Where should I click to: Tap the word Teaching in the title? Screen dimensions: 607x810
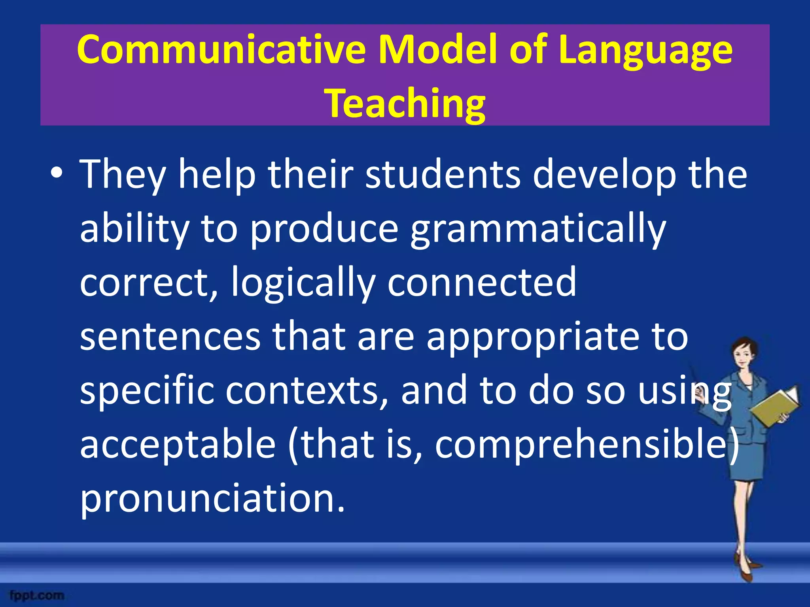point(405,104)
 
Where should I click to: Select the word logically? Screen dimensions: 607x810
point(303,283)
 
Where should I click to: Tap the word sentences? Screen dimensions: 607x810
point(170,337)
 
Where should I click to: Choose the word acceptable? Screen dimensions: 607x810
point(178,445)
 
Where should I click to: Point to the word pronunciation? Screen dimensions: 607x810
point(212,499)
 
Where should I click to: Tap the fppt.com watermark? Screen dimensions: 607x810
point(36,595)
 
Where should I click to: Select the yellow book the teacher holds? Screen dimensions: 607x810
point(775,407)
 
